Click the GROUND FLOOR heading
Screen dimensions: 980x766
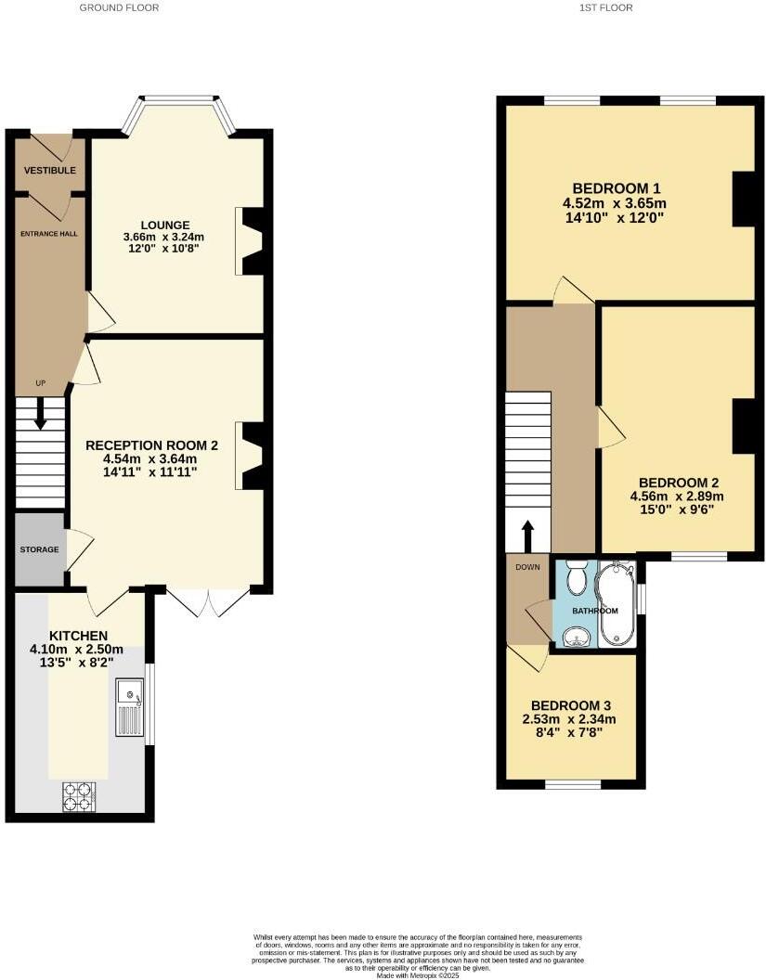click(x=119, y=7)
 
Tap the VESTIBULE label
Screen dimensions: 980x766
click(x=50, y=171)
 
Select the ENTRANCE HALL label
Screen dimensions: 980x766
click(x=50, y=234)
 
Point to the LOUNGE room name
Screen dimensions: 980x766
click(x=165, y=225)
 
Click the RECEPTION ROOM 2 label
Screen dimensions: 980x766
click(x=151, y=445)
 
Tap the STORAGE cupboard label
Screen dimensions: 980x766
click(x=40, y=549)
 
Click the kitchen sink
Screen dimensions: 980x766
click(x=129, y=707)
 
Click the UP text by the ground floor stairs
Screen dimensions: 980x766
click(x=40, y=383)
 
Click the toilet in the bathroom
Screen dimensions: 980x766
click(x=577, y=577)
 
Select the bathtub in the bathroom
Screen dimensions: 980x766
click(x=616, y=604)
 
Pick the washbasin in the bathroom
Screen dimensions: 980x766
click(x=577, y=635)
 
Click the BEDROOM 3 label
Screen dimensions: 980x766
click(x=571, y=705)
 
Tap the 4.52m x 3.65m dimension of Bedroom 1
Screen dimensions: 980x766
click(x=614, y=203)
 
